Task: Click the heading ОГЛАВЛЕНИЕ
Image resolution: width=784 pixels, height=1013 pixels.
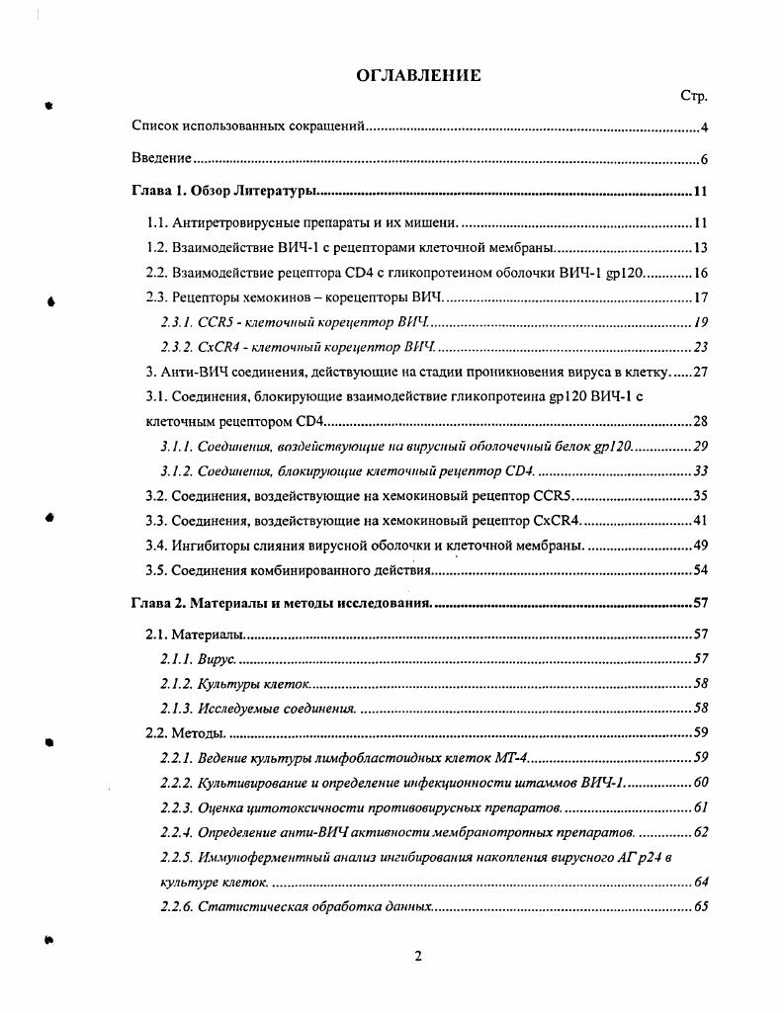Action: click(x=418, y=75)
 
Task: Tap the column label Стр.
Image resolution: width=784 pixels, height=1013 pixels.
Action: click(x=694, y=96)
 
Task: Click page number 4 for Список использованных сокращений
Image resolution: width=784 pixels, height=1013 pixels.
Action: click(x=703, y=127)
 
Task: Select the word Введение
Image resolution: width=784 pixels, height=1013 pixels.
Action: click(x=161, y=159)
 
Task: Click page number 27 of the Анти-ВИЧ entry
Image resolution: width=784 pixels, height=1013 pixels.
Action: click(x=700, y=372)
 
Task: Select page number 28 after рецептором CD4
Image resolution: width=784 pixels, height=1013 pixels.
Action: click(x=700, y=422)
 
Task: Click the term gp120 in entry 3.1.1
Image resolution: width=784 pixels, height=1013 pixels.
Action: click(x=613, y=447)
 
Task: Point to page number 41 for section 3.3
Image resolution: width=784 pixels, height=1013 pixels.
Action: click(x=700, y=521)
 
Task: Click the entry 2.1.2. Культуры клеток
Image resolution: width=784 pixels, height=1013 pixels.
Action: click(x=235, y=683)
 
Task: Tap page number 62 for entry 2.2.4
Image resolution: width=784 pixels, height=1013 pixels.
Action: click(x=701, y=832)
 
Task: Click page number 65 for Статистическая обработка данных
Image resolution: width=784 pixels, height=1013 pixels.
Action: click(x=701, y=906)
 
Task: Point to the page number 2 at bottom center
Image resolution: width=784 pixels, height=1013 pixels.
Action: click(x=418, y=956)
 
